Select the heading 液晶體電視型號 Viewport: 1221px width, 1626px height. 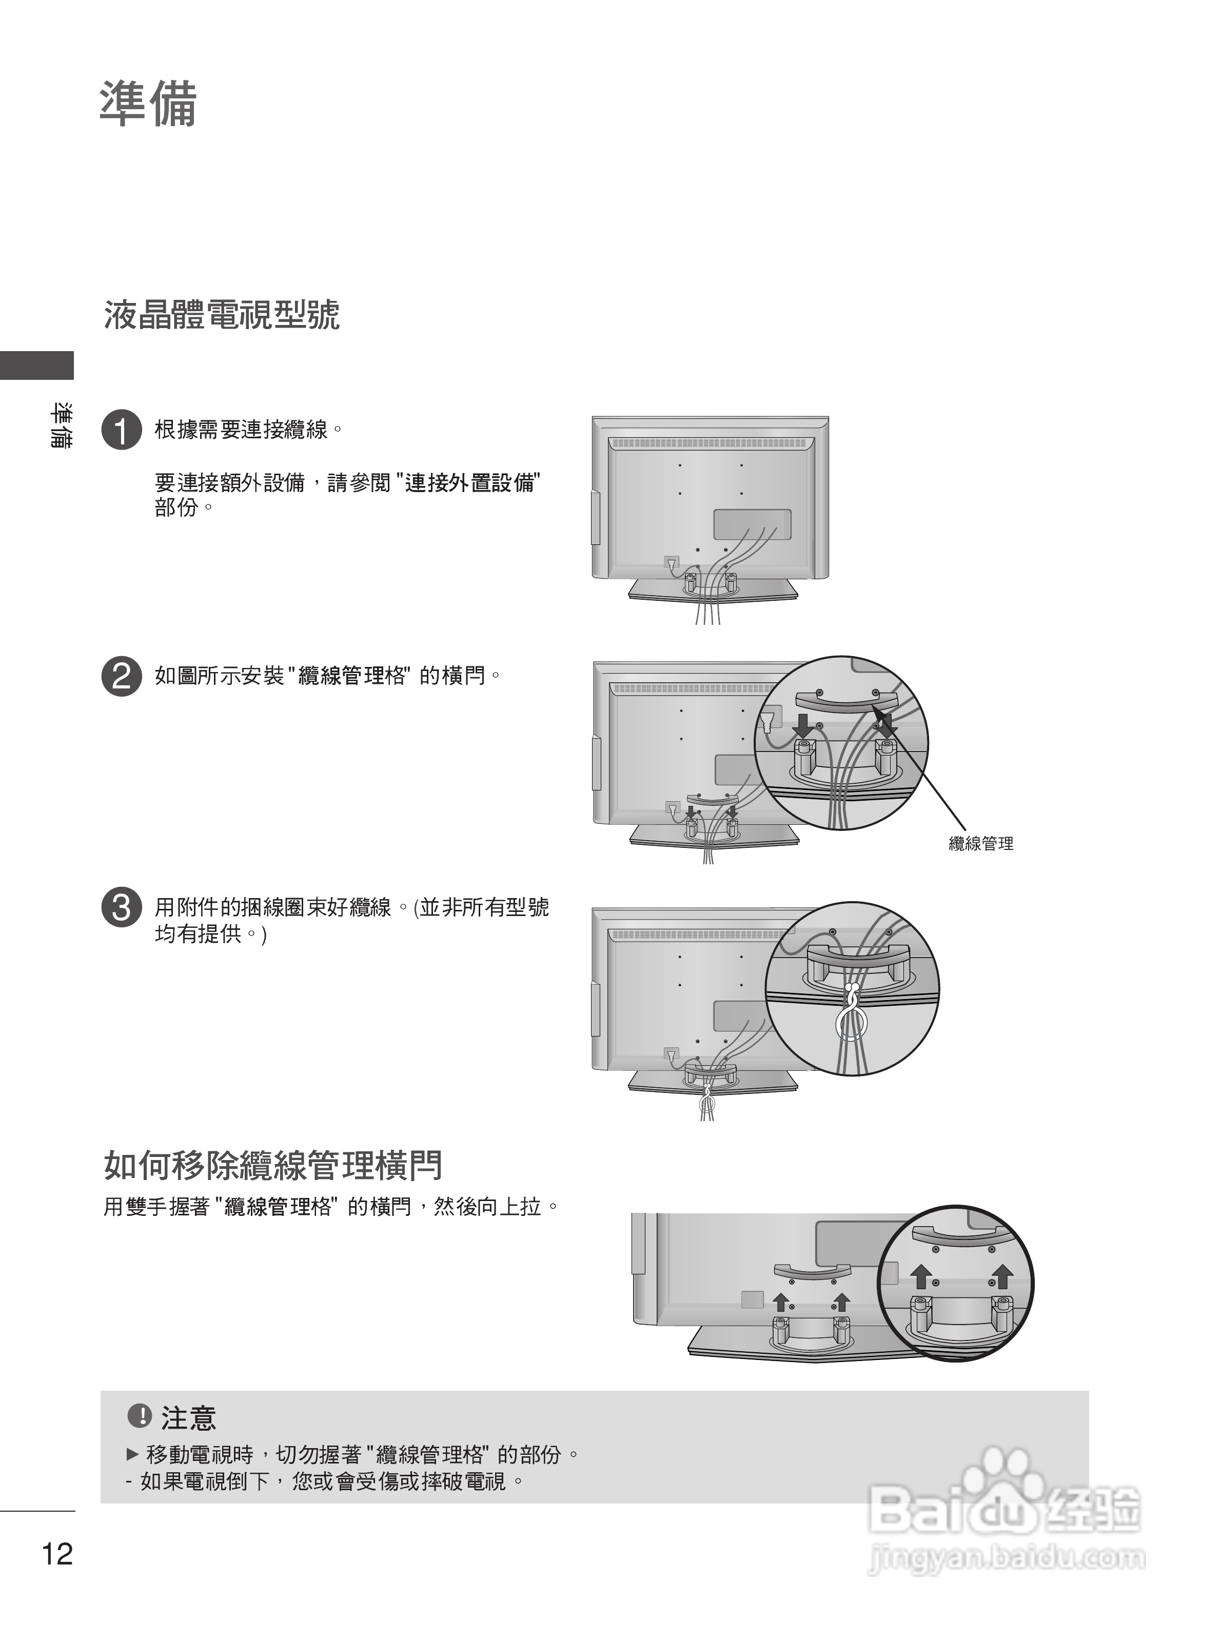tap(222, 315)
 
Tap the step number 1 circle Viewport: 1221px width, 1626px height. tap(122, 429)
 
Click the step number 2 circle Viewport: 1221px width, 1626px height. tap(122, 676)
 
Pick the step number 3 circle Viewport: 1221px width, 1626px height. tap(122, 908)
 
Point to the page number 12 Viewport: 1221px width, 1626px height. tap(57, 1554)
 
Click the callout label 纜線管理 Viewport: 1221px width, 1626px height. tap(980, 844)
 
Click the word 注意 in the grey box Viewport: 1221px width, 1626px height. tap(188, 1418)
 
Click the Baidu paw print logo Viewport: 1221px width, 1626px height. tap(1003, 1477)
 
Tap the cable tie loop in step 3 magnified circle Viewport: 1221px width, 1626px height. tap(851, 1019)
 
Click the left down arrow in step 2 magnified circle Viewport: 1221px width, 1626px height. tap(804, 724)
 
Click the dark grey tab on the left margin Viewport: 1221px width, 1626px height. tap(37, 365)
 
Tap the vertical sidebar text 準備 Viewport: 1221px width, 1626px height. tap(61, 425)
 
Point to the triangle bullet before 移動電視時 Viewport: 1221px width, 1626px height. tap(132, 1454)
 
